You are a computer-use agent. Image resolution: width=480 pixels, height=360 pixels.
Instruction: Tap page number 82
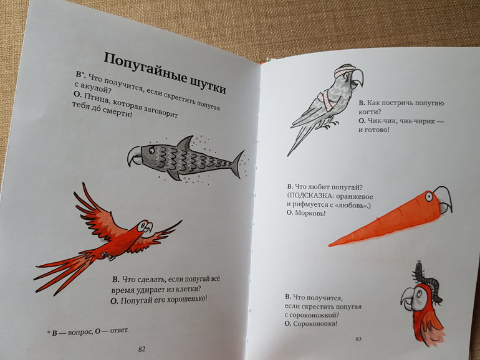(x=142, y=349)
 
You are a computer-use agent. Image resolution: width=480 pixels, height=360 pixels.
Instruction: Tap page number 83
(x=358, y=339)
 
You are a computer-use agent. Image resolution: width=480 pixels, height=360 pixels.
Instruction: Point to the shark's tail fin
(x=239, y=164)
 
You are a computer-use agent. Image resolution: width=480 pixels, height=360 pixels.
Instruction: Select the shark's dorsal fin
(x=185, y=142)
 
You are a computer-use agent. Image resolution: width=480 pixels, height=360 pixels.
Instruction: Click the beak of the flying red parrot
(x=149, y=227)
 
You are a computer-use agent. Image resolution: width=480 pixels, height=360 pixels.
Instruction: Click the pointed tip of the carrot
(x=330, y=245)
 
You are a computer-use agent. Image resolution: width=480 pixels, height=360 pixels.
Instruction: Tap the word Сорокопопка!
(x=315, y=323)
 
